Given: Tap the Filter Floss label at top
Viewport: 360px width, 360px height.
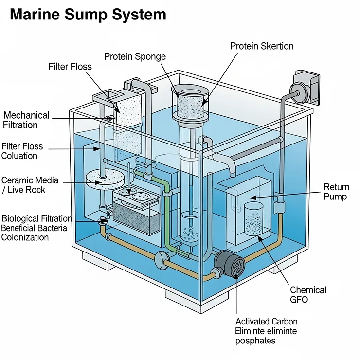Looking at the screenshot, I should click(x=70, y=66).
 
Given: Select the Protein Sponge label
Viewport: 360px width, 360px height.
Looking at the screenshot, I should click(x=135, y=56).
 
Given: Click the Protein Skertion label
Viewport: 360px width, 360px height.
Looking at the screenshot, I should click(x=262, y=46).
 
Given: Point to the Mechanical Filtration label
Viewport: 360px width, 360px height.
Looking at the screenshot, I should click(x=26, y=120).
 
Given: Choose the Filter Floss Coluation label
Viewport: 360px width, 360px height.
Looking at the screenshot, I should click(x=22, y=151).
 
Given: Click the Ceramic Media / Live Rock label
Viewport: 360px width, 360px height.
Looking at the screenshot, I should click(x=30, y=184).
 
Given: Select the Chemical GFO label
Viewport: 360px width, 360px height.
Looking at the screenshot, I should click(x=308, y=295).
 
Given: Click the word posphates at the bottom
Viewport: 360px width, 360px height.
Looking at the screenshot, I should click(x=255, y=341).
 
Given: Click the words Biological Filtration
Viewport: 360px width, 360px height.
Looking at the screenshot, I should click(x=36, y=218).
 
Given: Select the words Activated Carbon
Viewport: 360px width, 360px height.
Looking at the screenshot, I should click(x=266, y=321).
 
